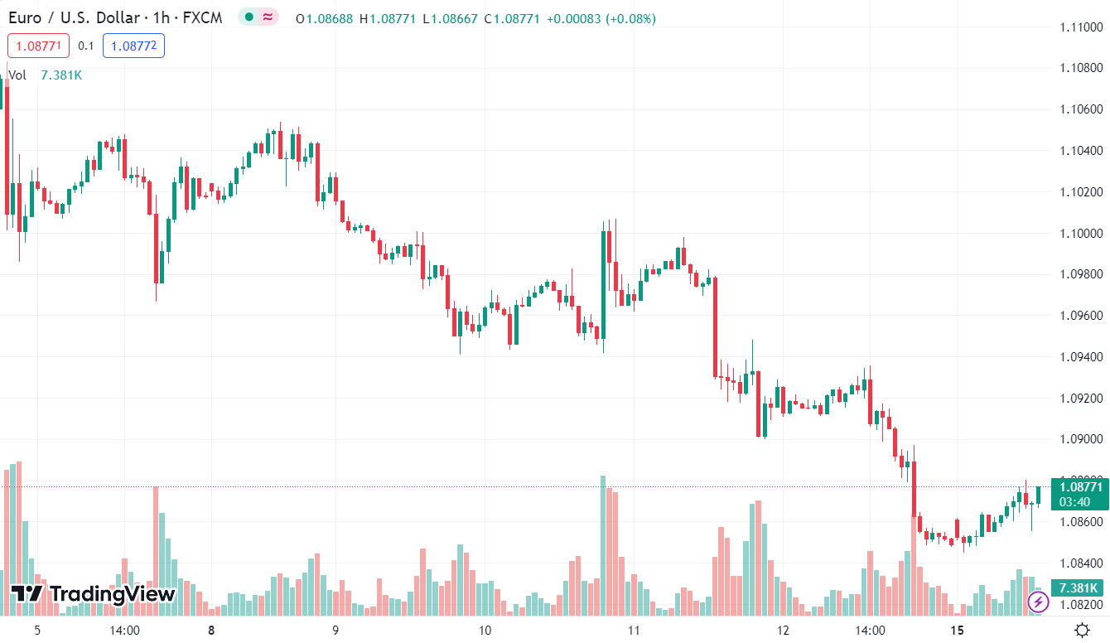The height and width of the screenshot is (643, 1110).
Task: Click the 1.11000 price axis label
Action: click(1082, 27)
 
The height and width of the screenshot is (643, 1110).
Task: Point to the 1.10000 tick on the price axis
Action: click(1082, 234)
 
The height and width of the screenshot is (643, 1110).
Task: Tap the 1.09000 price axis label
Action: click(1082, 440)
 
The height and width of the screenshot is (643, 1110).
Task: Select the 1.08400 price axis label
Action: click(1082, 563)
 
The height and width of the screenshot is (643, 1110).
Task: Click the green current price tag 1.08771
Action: click(1079, 486)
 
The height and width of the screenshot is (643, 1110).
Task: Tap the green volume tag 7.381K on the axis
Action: click(1079, 587)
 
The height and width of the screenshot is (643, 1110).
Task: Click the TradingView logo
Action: click(94, 593)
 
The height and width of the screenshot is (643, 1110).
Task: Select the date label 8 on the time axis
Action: click(211, 630)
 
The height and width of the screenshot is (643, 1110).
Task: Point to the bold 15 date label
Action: click(958, 630)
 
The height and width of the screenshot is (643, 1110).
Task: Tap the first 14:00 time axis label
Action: click(124, 630)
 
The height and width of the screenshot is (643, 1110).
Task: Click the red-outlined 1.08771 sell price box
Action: click(39, 46)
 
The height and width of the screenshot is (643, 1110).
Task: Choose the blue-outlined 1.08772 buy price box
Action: click(133, 46)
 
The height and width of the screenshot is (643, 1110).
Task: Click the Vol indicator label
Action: click(17, 75)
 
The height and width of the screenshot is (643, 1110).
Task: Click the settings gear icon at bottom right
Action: click(1082, 629)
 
